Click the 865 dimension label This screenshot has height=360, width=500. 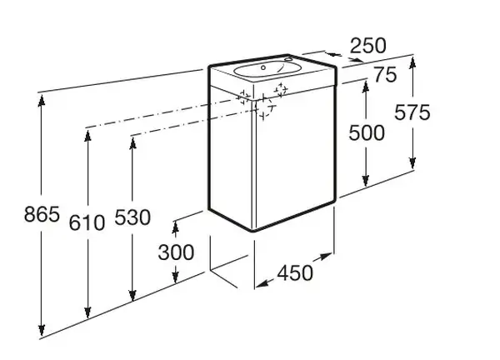coord(42,214)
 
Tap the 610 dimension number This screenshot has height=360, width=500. coord(87,222)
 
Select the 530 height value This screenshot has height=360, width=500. coord(132,217)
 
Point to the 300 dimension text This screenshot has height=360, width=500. coord(176,252)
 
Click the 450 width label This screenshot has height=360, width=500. coord(295,273)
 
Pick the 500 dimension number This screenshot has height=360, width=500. coord(367,132)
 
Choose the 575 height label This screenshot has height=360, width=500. coord(412,112)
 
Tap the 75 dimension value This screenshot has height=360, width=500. coord(385,75)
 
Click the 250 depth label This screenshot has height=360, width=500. coord(368,45)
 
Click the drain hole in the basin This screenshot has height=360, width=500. coord(263,67)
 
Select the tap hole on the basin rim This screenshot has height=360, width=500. coord(288,58)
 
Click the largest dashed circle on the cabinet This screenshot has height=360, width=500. coord(263,107)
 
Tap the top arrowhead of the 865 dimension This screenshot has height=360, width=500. coord(42,101)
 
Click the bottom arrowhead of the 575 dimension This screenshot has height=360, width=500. coord(412,162)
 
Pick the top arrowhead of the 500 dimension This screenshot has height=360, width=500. coord(366,87)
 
